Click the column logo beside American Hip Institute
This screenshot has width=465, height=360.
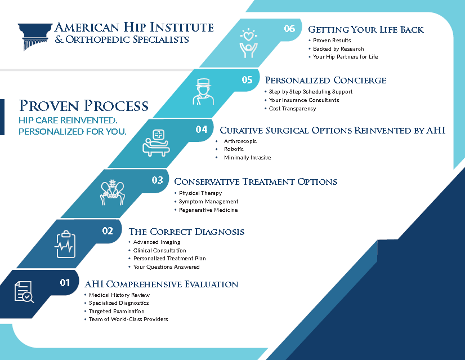coord(35,37)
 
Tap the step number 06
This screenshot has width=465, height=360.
coord(289,29)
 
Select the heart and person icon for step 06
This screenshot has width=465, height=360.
coord(248,43)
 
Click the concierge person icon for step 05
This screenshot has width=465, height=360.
coord(203,92)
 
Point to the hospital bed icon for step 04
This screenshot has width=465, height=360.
coord(157,143)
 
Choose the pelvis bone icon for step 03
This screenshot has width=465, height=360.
coord(113,192)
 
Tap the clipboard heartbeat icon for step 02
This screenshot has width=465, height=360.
coord(65,245)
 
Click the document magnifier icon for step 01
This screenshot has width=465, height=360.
coord(24,292)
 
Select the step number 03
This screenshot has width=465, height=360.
coord(157,180)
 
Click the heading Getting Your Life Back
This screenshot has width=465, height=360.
coord(366,29)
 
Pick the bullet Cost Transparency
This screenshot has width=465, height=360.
coord(292,109)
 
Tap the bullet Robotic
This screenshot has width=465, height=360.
coord(234,149)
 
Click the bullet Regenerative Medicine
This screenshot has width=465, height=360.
coord(208,210)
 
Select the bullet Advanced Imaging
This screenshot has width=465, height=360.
coord(157,242)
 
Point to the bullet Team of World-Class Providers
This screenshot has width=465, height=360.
coord(128,319)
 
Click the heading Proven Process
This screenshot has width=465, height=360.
coord(84,106)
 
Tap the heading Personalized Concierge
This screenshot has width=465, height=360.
coord(325,80)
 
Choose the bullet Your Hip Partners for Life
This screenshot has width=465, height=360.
coord(346,57)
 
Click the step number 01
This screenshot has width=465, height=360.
coord(65,283)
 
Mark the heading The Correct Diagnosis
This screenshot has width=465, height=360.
coord(186,232)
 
